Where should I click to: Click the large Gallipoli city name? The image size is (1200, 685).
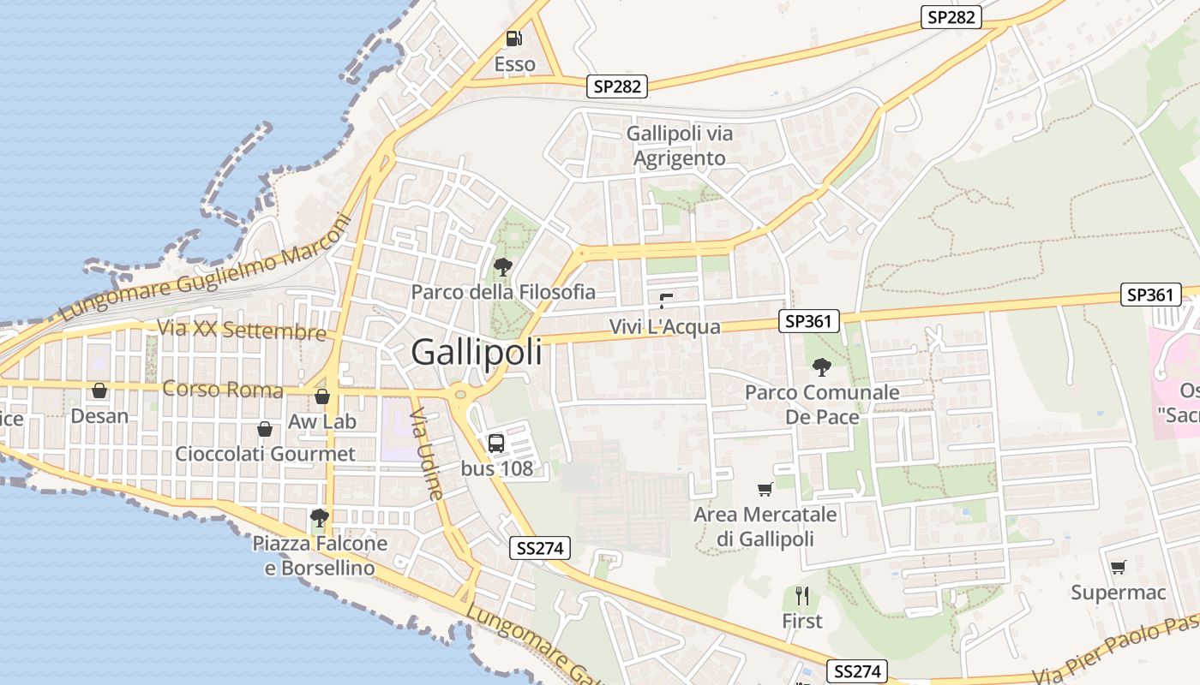tap(477, 352)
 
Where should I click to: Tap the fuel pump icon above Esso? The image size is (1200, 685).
tap(513, 39)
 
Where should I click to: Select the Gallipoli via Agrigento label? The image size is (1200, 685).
tap(680, 146)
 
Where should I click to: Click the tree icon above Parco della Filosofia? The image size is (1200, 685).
tap(503, 267)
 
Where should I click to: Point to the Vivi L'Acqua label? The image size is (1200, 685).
tap(665, 326)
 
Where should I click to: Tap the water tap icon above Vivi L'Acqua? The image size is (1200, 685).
tap(666, 301)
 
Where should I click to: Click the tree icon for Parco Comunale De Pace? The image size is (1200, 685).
tap(822, 367)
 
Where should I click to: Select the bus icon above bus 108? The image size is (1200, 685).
tap(496, 443)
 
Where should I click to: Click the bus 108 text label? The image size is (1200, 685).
tap(497, 468)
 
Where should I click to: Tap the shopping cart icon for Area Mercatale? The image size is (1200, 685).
tap(765, 489)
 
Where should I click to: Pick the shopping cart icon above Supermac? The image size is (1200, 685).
tap(1119, 567)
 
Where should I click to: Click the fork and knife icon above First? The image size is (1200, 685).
tap(802, 596)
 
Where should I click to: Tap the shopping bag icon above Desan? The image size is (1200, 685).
tap(99, 391)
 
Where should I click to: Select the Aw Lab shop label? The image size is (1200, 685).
tap(322, 421)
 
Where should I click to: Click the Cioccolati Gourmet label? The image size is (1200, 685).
tap(265, 454)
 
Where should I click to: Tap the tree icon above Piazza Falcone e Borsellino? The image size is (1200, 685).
tap(320, 517)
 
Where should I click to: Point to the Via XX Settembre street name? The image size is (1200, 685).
tap(242, 331)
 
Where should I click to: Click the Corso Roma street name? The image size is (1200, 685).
tap(223, 390)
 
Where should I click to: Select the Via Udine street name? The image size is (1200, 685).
tap(426, 454)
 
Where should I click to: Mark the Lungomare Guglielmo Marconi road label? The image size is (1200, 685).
tap(207, 268)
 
